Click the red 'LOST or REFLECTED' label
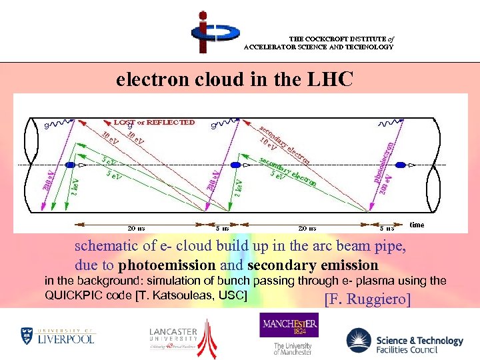click(154, 122)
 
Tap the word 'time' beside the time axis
click(417, 225)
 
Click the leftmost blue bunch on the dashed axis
click(70, 164)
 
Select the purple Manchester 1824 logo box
click(289, 326)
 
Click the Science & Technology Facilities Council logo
click(405, 342)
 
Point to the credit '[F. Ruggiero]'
click(367, 299)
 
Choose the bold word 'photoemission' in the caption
click(167, 265)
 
